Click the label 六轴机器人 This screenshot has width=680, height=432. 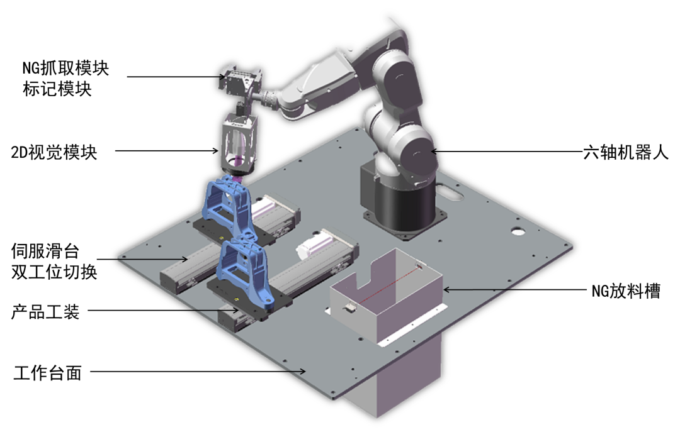[x=626, y=152]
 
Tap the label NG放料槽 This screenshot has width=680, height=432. [x=626, y=291]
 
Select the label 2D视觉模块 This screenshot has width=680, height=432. [x=54, y=152]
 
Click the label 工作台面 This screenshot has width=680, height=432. [x=48, y=372]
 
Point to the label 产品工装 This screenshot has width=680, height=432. [x=45, y=311]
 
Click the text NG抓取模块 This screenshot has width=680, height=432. [x=65, y=68]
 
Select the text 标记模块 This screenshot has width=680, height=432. [x=57, y=89]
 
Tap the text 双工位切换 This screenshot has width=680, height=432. [x=54, y=272]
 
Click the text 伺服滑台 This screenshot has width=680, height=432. [x=45, y=251]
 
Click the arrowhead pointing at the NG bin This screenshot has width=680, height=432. [x=446, y=289]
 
